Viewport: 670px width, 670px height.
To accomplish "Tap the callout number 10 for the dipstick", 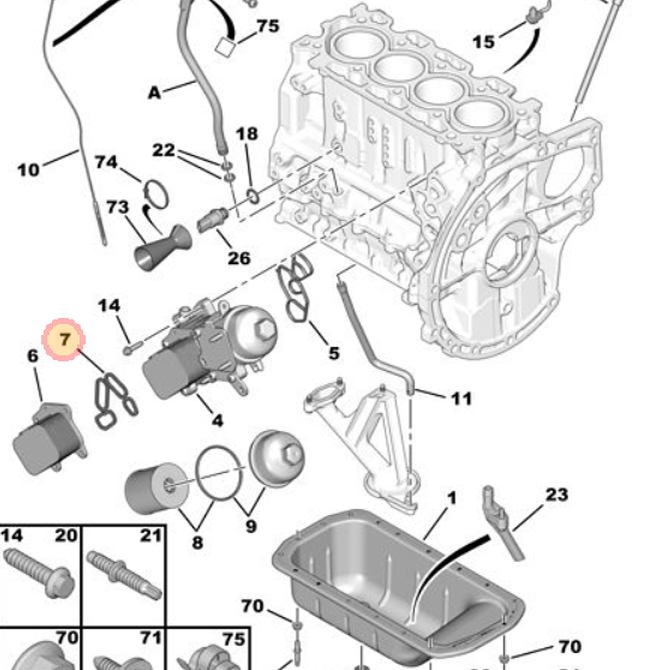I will click(x=28, y=170).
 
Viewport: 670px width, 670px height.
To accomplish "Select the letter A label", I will click(x=155, y=93).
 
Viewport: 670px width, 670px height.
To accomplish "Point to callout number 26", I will click(x=239, y=257).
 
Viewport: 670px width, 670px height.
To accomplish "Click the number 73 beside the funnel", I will click(x=117, y=207).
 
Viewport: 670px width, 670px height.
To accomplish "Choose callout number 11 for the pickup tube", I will click(x=461, y=399).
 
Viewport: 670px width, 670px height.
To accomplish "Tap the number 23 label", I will click(x=556, y=495).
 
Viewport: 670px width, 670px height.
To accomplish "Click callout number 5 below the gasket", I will click(x=333, y=352).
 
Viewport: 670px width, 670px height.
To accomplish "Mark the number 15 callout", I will click(x=483, y=42).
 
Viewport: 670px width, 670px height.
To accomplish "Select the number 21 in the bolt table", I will click(x=151, y=535).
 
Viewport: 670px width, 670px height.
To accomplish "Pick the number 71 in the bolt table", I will click(x=151, y=637).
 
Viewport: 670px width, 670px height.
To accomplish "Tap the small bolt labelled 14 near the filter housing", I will click(x=131, y=348).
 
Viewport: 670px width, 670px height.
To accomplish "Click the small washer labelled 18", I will click(x=253, y=196).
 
